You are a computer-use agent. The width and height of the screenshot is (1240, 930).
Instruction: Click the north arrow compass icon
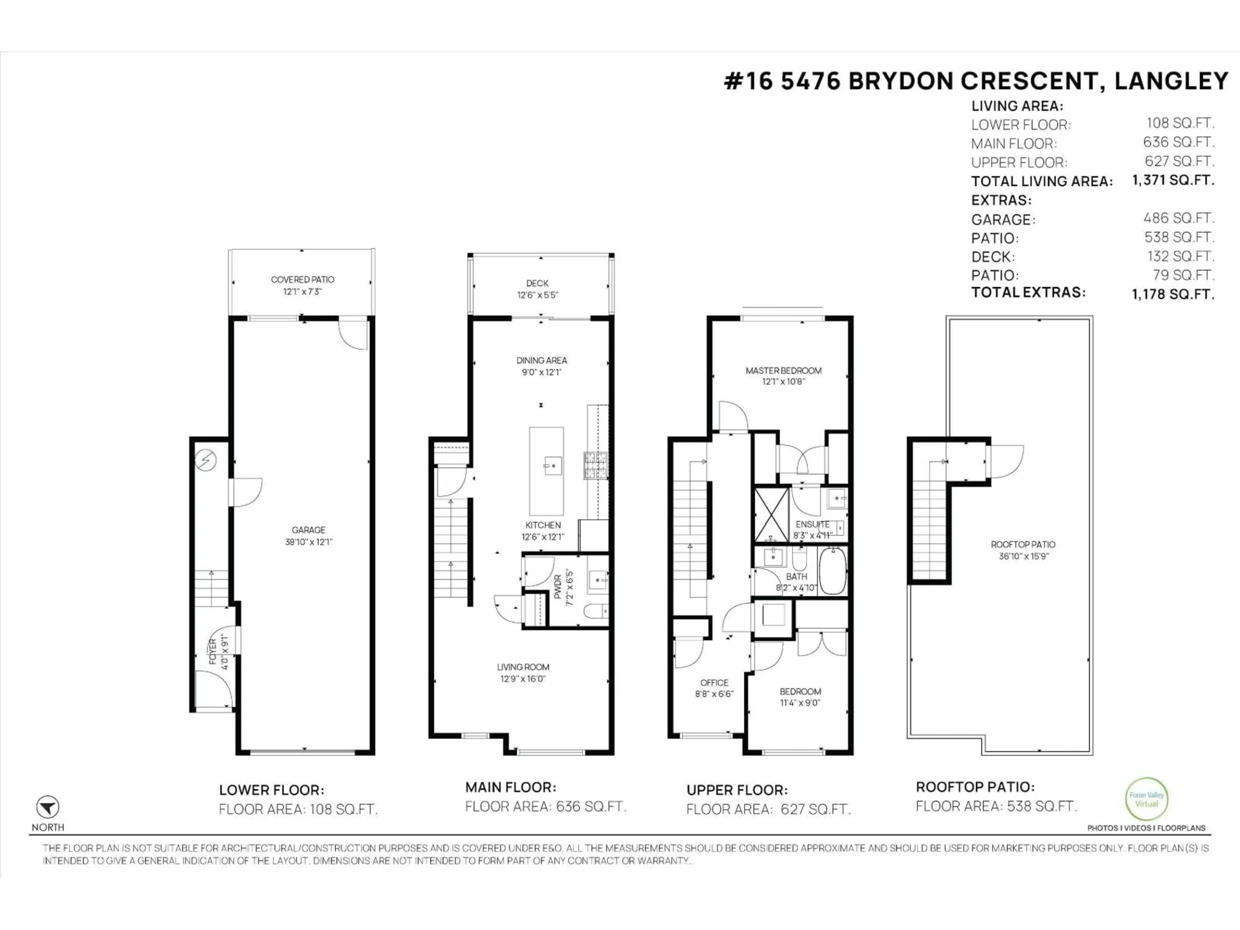point(48,807)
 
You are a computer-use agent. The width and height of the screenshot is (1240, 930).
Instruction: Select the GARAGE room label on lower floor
point(308,530)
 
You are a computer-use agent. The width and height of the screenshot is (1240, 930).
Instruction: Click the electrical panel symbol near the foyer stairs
point(205,460)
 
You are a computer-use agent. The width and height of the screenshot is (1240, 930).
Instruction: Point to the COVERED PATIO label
point(302,279)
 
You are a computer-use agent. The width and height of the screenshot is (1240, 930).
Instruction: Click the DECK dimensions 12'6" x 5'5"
point(538,295)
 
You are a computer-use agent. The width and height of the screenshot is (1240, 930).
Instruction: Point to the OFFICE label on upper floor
point(714,682)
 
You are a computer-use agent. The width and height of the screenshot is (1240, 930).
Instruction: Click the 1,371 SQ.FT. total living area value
point(1173,181)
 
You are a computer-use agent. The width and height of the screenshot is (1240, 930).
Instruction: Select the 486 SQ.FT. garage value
point(1179,218)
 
